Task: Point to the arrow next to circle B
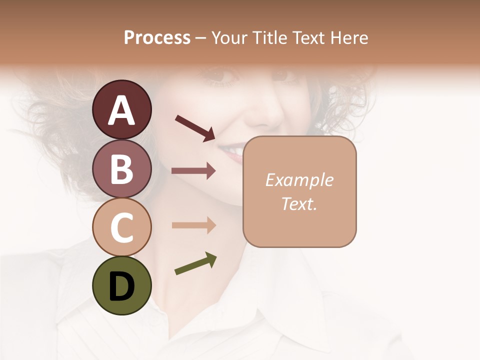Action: [193, 171]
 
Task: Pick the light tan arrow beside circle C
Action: [193, 225]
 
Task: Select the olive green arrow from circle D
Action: [195, 263]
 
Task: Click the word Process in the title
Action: [157, 38]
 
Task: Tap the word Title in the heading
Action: [270, 38]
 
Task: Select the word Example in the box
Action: [299, 180]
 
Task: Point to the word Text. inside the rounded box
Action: [299, 203]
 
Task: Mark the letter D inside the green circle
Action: [121, 286]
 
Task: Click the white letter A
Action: [121, 110]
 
